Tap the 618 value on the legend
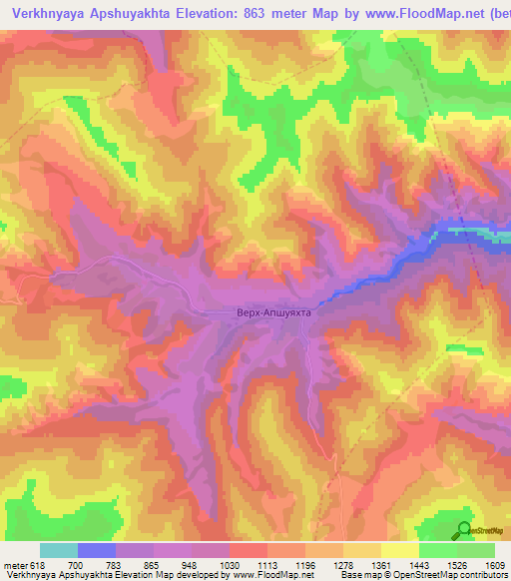click(38, 566)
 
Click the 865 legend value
click(153, 566)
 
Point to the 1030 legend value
click(229, 566)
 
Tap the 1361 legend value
click(380, 566)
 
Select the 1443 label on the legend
click(418, 566)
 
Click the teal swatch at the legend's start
click(58, 550)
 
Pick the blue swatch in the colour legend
click(96, 550)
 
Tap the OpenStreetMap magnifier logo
click(463, 530)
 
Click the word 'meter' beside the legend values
click(15, 566)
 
